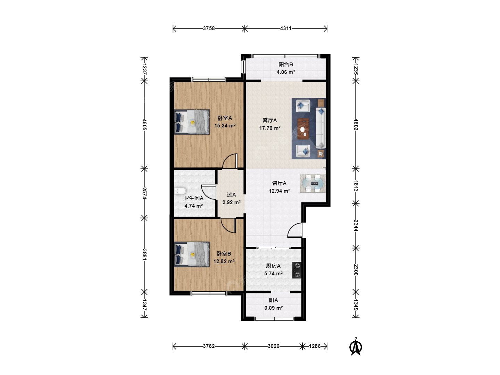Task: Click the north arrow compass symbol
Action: pyautogui.click(x=355, y=346)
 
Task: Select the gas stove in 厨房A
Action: pyautogui.click(x=297, y=270)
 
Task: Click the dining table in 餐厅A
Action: pyautogui.click(x=313, y=183)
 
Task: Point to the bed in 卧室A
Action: pyautogui.click(x=192, y=122)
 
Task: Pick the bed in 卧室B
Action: pyautogui.click(x=192, y=254)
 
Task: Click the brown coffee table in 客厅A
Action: pyautogui.click(x=303, y=128)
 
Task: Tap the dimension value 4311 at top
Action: pyautogui.click(x=286, y=28)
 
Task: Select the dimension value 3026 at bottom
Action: pyautogui.click(x=273, y=346)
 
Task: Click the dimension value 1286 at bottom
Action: pyautogui.click(x=315, y=346)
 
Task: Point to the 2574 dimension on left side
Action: pyautogui.click(x=144, y=193)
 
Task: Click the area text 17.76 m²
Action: pyautogui.click(x=270, y=128)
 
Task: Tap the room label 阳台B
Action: pyautogui.click(x=286, y=65)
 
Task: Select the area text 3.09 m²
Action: pyautogui.click(x=273, y=308)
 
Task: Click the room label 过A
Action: pyautogui.click(x=231, y=195)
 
